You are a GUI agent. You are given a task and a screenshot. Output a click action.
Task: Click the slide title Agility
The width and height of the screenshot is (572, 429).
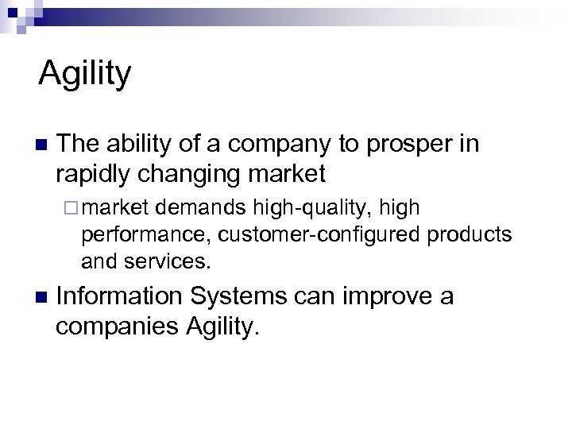click(85, 74)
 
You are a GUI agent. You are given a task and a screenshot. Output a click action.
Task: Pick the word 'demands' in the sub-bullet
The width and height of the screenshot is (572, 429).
click(202, 208)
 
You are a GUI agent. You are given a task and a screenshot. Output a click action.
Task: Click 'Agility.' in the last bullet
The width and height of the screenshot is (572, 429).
click(222, 326)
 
